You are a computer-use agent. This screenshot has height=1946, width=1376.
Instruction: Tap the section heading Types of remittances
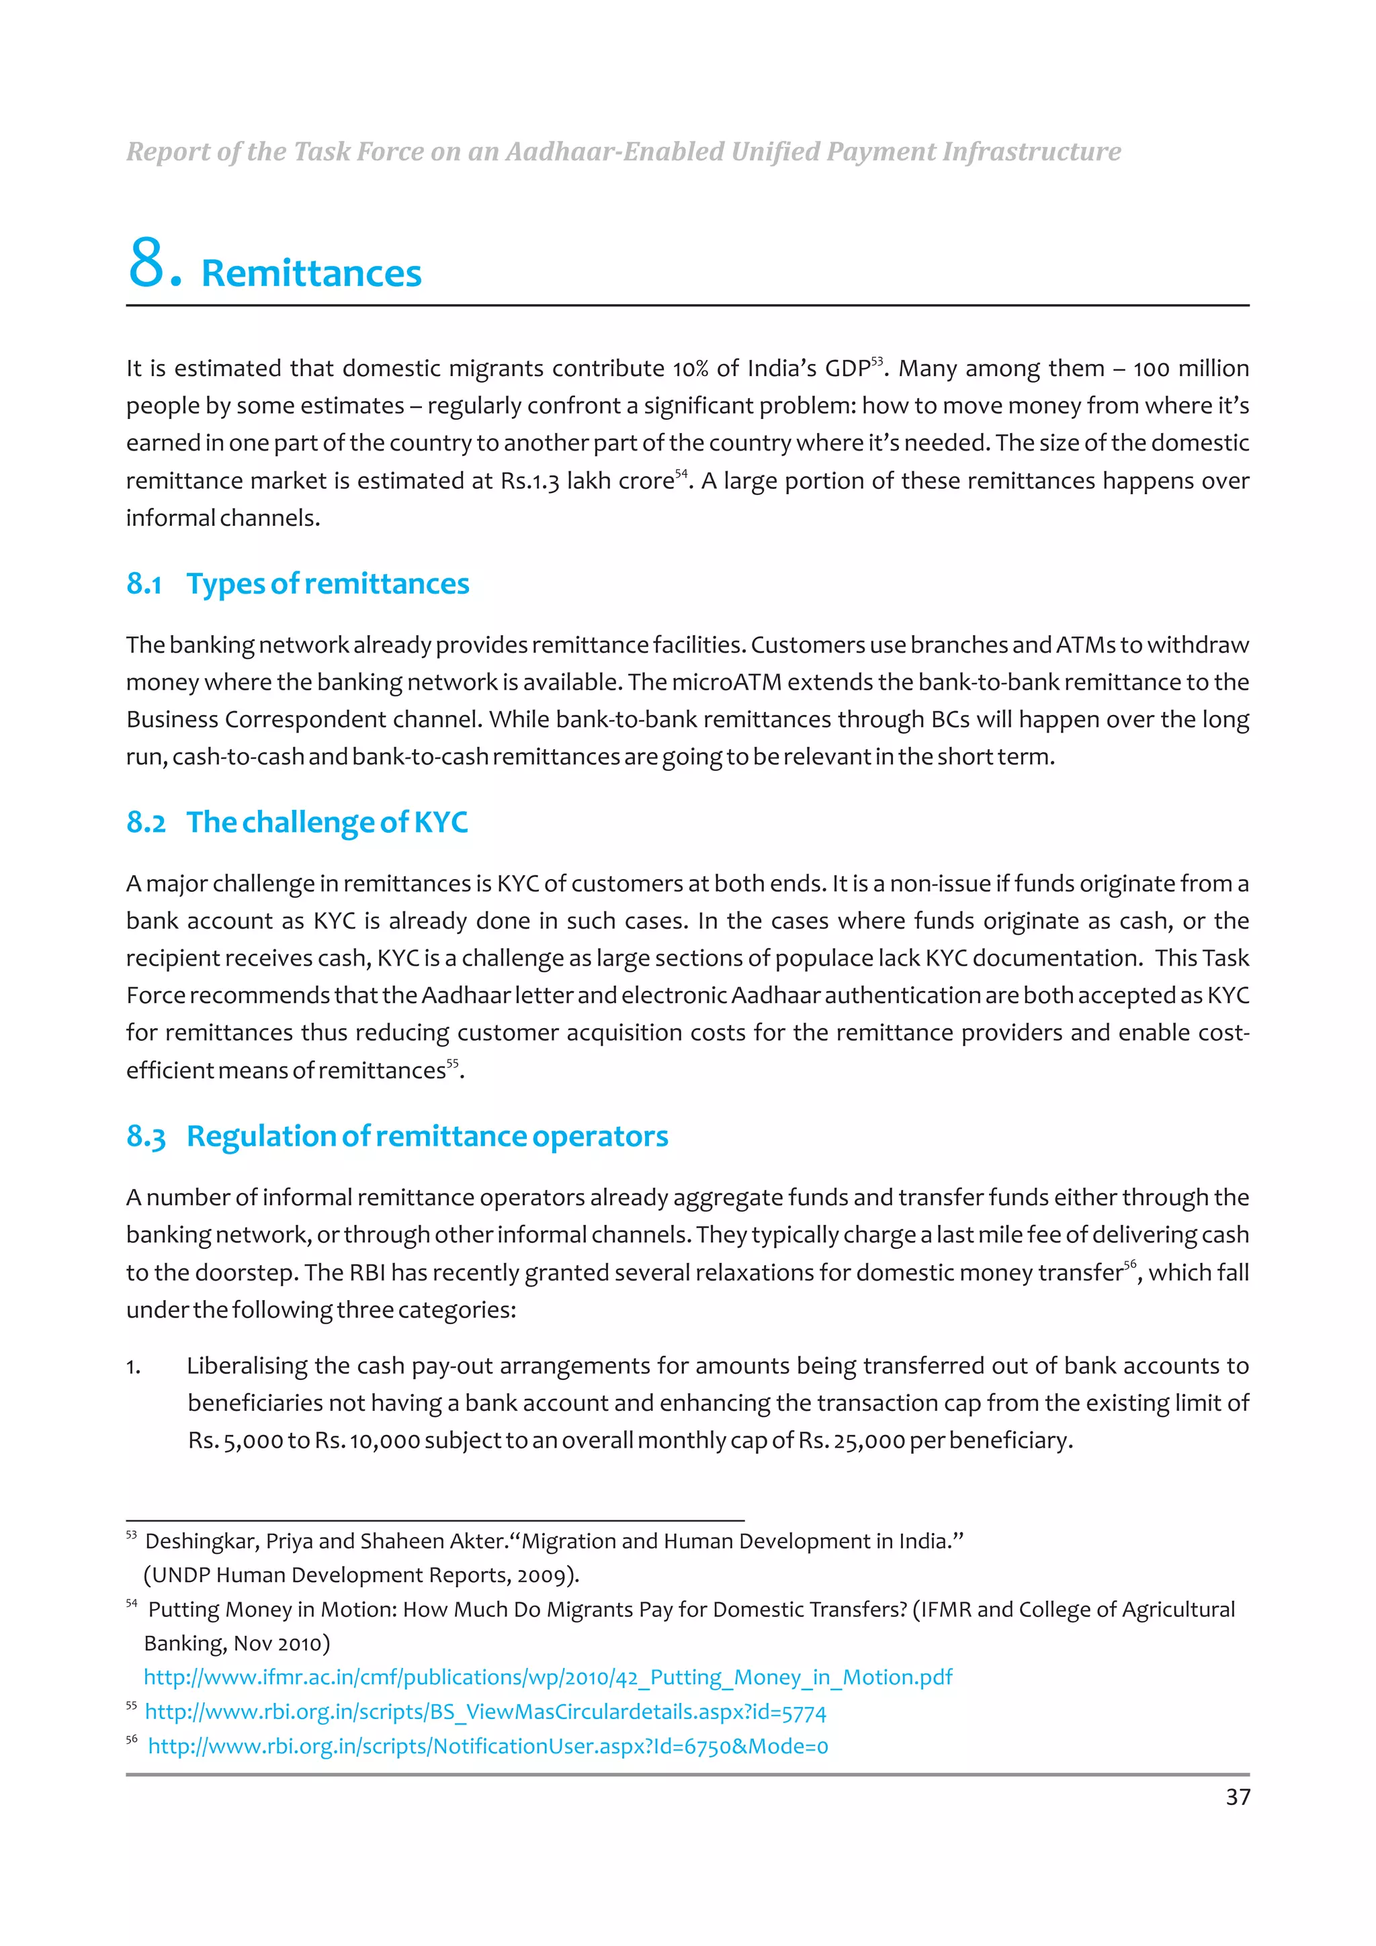327,584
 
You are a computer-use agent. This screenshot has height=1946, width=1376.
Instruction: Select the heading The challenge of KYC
327,822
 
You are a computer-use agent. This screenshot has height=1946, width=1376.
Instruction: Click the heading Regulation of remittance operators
427,1136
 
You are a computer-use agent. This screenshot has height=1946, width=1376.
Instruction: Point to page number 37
1237,1797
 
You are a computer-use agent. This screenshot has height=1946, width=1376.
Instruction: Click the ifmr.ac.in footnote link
548,1677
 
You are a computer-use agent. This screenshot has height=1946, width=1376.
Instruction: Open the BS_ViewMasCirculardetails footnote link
485,1712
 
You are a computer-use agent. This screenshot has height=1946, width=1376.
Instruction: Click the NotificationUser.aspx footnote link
488,1746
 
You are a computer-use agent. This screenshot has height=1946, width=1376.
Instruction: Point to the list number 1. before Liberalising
133,1366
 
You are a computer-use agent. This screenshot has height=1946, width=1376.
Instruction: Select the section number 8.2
146,822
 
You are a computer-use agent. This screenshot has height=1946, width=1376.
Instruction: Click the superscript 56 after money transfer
1129,1264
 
